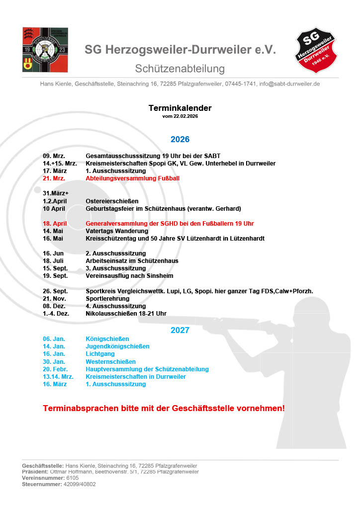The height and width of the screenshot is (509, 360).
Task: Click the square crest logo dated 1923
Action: (x=48, y=50)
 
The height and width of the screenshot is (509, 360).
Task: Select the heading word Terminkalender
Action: (x=180, y=108)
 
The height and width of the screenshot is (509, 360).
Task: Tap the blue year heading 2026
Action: (x=180, y=139)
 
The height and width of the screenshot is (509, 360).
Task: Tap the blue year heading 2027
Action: (x=180, y=330)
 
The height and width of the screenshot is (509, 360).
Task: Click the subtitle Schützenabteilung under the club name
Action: (x=180, y=69)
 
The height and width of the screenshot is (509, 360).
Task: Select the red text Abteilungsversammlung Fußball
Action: (x=132, y=178)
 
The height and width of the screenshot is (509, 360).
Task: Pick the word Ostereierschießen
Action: (x=112, y=201)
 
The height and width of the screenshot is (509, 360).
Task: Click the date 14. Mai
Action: (x=53, y=231)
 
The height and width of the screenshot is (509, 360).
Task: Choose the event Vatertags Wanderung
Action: (x=117, y=231)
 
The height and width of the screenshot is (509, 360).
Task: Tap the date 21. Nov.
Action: (x=54, y=299)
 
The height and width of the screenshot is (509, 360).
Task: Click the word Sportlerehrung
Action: (x=107, y=299)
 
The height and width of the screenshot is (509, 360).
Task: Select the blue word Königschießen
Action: (x=107, y=339)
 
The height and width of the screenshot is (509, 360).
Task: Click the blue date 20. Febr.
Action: (x=55, y=369)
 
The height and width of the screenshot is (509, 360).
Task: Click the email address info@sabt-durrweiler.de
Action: (x=289, y=84)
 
